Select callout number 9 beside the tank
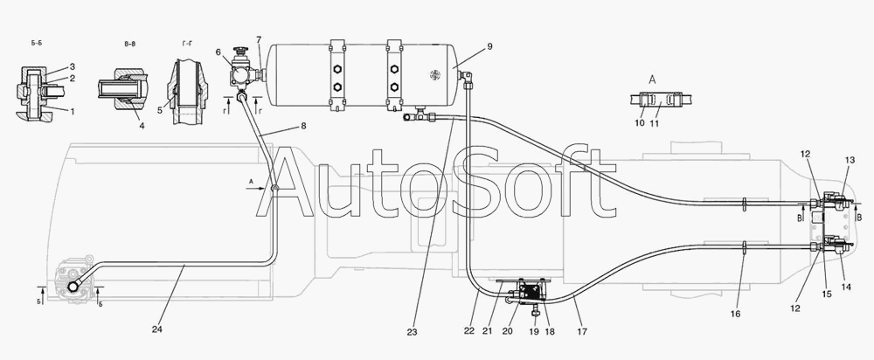489,47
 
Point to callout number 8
303,126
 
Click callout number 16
735,315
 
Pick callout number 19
534,331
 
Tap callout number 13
850,160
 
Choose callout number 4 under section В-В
142,126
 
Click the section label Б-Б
36,44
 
